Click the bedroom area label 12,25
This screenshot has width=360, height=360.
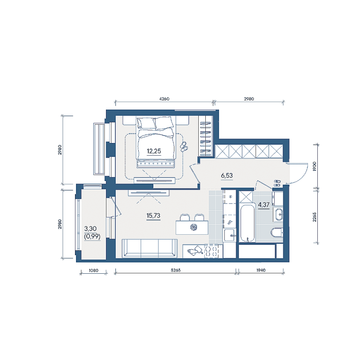coord(154,151)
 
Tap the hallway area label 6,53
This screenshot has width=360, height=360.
coord(227,176)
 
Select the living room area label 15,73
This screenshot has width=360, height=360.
coord(153,216)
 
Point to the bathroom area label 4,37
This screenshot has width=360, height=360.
coord(263,204)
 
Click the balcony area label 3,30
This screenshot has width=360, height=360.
coord(90,229)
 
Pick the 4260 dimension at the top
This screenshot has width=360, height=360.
coord(164,99)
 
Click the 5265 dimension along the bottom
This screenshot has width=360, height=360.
coord(176,270)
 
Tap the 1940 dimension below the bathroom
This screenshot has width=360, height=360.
coord(261,270)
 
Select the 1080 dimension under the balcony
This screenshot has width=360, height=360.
coord(93,270)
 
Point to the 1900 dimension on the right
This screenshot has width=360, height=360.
coord(315,166)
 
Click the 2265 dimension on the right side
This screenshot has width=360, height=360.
coord(315,217)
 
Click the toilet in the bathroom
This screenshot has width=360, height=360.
coord(277,232)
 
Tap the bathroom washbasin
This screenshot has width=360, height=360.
coord(278,214)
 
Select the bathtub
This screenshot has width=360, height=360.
coord(247,222)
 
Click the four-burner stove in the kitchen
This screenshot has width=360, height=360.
coord(211,251)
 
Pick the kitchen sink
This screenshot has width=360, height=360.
coord(230,235)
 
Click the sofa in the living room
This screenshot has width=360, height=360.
coord(150,248)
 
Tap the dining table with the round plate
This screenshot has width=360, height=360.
coord(192,227)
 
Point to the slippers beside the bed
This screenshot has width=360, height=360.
coord(183,147)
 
